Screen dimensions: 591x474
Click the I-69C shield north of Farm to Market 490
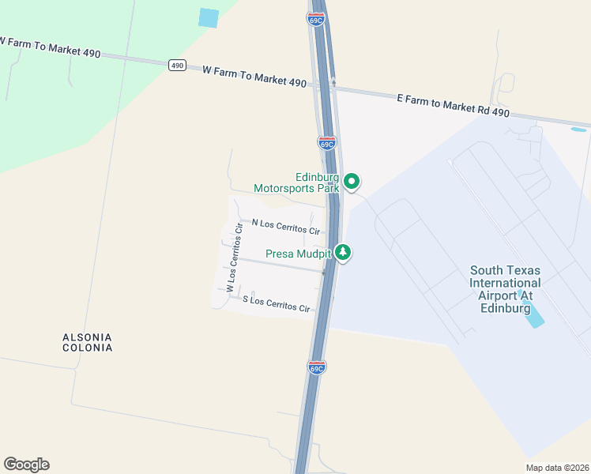click(316, 19)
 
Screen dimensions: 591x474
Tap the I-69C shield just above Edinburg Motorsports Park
click(327, 143)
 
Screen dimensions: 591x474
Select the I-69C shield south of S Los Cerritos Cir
click(316, 368)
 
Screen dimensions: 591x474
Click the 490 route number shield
click(177, 66)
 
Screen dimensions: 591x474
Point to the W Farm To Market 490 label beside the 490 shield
click(254, 77)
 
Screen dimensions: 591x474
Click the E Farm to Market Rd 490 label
click(453, 103)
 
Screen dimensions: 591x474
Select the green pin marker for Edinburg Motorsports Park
click(352, 182)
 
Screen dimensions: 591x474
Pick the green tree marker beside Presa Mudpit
click(343, 253)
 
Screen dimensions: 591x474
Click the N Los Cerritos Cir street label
click(285, 228)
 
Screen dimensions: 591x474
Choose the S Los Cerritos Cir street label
click(276, 303)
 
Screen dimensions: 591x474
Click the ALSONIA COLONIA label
click(88, 342)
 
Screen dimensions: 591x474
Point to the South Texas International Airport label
click(506, 289)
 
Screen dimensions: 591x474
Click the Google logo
click(26, 465)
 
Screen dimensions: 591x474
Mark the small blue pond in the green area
click(209, 17)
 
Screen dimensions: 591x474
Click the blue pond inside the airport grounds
click(534, 314)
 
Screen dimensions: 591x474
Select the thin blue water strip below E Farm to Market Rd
click(578, 129)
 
